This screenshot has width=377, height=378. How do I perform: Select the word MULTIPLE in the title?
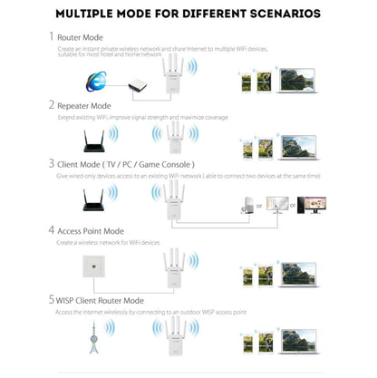point(91,14)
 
